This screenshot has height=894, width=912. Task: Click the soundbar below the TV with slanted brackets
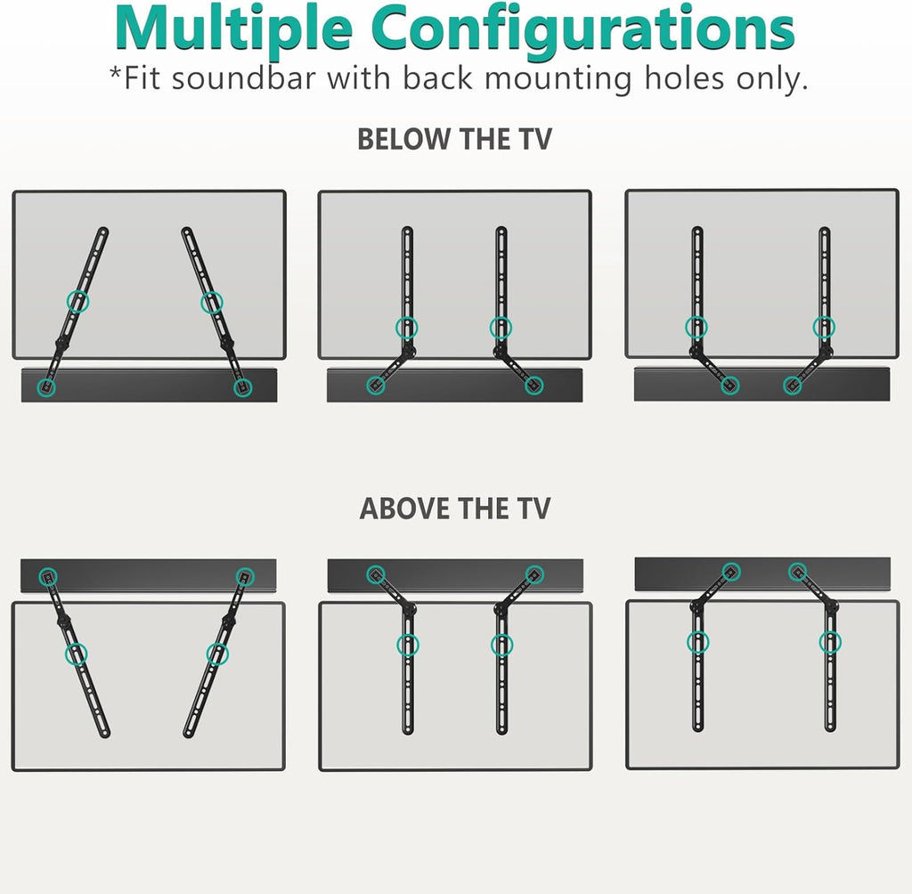coord(148,386)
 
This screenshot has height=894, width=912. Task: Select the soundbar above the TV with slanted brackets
coord(148,575)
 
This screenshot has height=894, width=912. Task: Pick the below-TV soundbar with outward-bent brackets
coord(454,386)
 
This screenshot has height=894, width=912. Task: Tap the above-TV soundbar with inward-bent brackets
coord(761,573)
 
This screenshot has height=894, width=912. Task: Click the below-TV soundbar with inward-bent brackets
coord(761,385)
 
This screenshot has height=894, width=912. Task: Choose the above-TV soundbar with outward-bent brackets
coord(454,575)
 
